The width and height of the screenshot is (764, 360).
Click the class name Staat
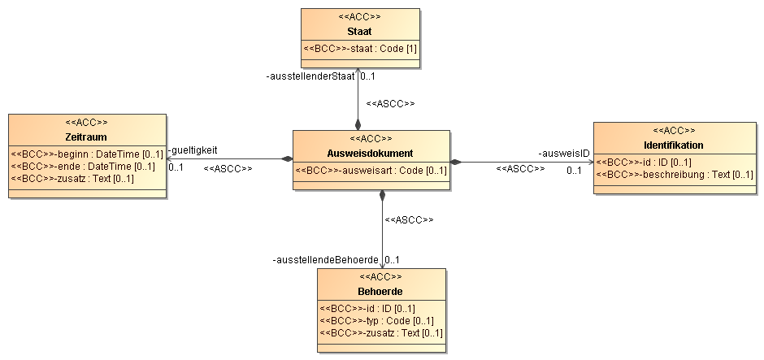pyautogui.click(x=359, y=32)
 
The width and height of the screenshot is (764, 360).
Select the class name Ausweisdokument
pyautogui.click(x=371, y=154)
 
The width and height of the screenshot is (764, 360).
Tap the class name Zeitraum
pyautogui.click(x=86, y=137)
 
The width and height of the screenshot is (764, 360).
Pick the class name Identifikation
pyautogui.click(x=673, y=145)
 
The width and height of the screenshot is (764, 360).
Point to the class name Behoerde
pyautogui.click(x=380, y=292)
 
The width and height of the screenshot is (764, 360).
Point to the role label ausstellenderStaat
pyautogui.click(x=310, y=76)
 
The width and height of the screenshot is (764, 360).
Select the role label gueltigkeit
pyautogui.click(x=193, y=150)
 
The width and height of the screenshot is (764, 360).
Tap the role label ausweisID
pyautogui.click(x=564, y=154)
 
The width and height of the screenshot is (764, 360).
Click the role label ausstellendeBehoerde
pyautogui.click(x=325, y=260)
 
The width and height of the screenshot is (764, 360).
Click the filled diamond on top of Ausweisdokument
pyautogui.click(x=358, y=124)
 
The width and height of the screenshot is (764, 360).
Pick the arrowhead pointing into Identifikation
pyautogui.click(x=591, y=162)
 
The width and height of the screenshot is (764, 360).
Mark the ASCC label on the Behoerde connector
pyautogui.click(x=409, y=220)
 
